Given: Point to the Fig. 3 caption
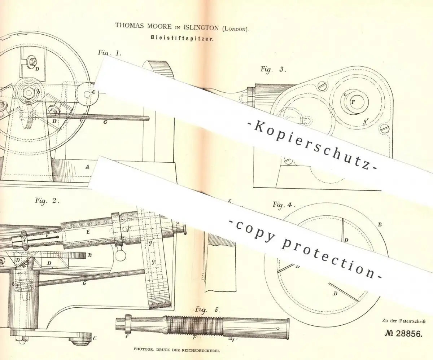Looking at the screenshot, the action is pos(273,69).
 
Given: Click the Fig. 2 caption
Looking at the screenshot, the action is pos(47,201).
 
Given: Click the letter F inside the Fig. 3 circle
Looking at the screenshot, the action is pos(353,102).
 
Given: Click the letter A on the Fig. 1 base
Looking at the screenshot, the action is pos(87,167).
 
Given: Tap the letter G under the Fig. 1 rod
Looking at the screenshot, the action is pos(105,122).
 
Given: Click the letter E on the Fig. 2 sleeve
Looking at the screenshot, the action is pos(88,232).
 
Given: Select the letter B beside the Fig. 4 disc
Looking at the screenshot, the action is pos(380,224).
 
